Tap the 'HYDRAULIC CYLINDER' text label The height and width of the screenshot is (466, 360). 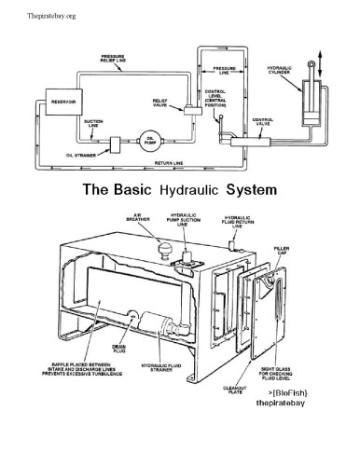pyautogui.click(x=281, y=71)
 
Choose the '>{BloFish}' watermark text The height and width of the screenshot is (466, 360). pyautogui.click(x=273, y=395)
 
